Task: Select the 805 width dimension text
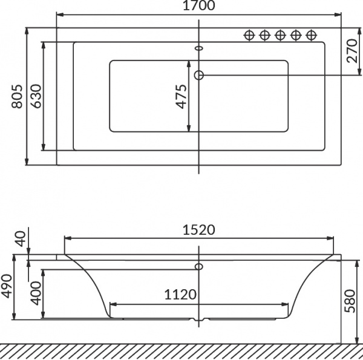(18, 96)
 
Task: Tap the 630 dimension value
(36, 96)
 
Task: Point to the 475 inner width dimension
(181, 96)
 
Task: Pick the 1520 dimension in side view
(199, 230)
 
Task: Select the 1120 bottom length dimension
(180, 295)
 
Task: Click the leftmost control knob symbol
(249, 34)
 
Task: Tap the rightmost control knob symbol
(312, 34)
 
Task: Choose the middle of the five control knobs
(280, 34)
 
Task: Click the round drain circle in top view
(199, 75)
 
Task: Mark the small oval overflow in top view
(199, 49)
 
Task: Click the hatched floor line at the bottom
(181, 351)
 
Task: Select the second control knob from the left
(264, 34)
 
